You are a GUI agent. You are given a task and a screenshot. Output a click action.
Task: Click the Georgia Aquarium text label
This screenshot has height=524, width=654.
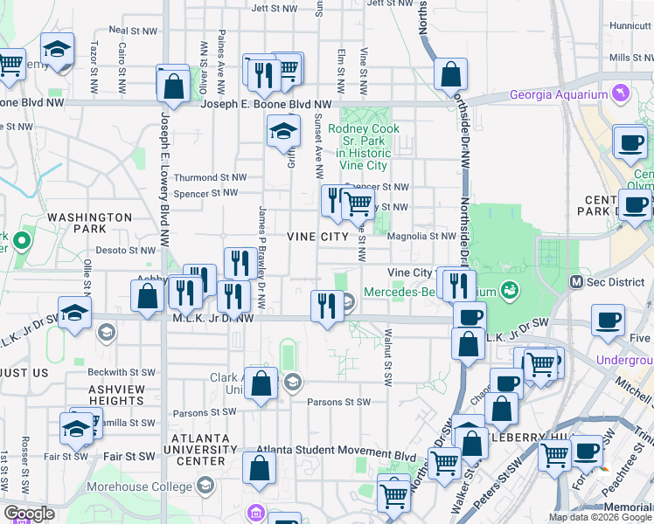pyautogui.click(x=559, y=95)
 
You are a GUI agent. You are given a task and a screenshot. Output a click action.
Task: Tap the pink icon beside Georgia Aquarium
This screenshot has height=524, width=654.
pyautogui.click(x=620, y=93)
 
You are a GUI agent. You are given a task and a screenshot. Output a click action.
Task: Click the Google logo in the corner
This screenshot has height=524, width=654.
pyautogui.click(x=29, y=514)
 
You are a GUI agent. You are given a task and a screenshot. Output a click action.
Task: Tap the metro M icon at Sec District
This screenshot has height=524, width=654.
pyautogui.click(x=576, y=281)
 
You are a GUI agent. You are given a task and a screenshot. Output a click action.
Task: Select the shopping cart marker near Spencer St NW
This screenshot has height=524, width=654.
pyautogui.click(x=358, y=204)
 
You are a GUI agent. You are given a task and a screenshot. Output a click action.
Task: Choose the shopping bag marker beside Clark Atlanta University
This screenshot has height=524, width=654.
pyautogui.click(x=261, y=383)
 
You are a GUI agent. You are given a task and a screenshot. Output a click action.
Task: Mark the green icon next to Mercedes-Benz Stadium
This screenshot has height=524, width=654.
pyautogui.click(x=509, y=291)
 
